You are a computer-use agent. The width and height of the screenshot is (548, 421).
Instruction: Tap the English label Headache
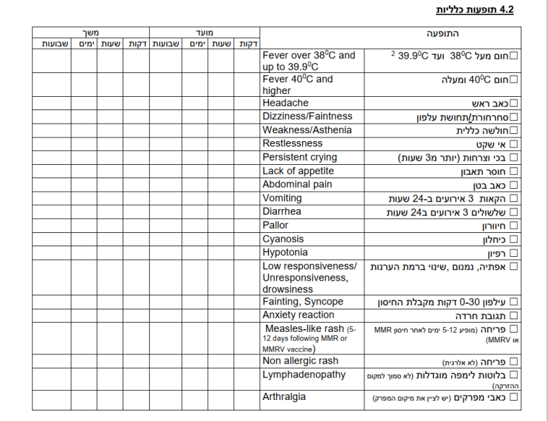point(285,103)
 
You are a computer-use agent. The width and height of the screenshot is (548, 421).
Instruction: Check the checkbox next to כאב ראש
point(514,103)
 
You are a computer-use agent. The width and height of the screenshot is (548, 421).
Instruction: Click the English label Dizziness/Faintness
point(307,116)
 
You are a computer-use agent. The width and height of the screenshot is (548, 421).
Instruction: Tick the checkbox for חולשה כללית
point(514,131)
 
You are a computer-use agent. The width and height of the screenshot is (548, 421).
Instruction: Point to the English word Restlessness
point(292,144)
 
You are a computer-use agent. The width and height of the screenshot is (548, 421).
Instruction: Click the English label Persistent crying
point(299,157)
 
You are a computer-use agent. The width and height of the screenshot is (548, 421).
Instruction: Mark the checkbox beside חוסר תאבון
point(514,171)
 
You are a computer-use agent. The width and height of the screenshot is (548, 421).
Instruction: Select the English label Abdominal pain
point(297,185)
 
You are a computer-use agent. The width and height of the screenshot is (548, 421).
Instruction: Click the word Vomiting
point(282,198)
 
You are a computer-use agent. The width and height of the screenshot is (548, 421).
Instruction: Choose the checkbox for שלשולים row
point(514,212)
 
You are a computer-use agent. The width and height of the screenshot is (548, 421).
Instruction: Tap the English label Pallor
point(275,225)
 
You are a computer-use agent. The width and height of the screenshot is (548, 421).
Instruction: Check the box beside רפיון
point(514,253)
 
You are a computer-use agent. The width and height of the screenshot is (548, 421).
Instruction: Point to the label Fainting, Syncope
point(303,302)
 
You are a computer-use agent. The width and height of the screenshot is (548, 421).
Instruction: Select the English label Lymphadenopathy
point(303,375)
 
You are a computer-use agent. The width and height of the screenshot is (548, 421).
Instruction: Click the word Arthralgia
point(284,397)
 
